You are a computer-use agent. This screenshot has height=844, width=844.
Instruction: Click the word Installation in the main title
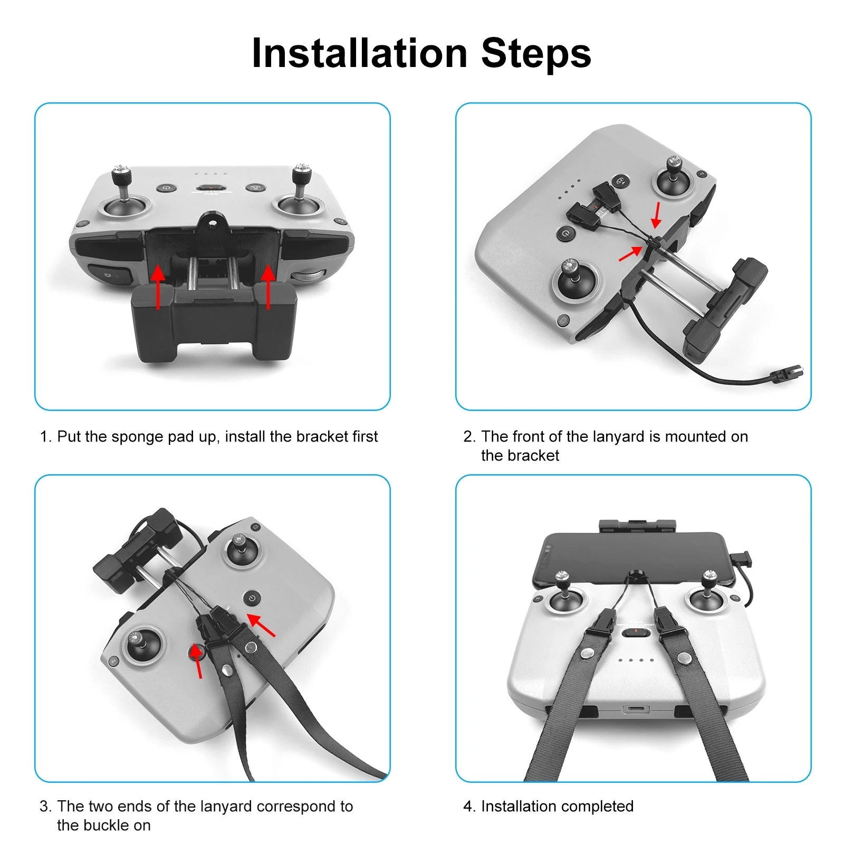[x=360, y=53]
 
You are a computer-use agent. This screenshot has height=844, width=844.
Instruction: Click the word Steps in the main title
[x=536, y=53]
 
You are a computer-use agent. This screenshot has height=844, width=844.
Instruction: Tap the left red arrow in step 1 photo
[x=158, y=286]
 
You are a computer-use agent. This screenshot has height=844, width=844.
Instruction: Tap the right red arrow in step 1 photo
[x=268, y=286]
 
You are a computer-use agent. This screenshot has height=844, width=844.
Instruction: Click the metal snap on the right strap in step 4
[x=684, y=658]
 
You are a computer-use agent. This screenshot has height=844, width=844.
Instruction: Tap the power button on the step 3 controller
[x=252, y=598]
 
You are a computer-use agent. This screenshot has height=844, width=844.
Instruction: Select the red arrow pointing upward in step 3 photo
[x=197, y=660]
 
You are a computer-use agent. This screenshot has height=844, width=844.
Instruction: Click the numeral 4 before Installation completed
[x=467, y=807]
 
